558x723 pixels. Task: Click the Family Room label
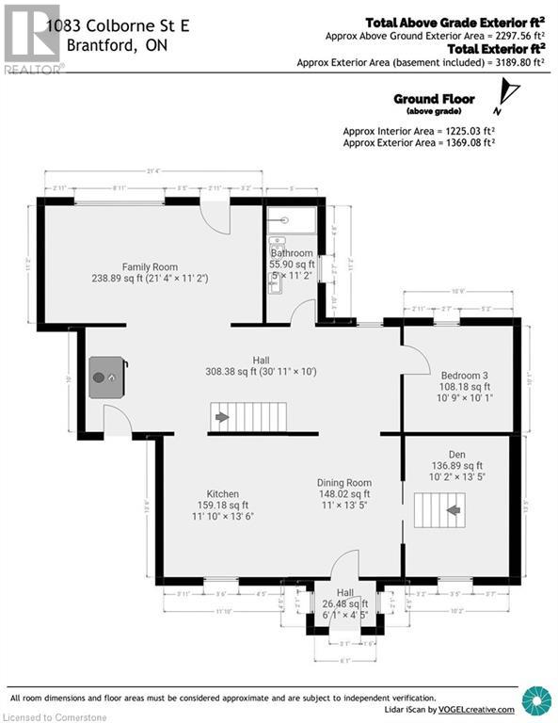coord(150,267)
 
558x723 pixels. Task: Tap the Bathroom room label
coord(292,253)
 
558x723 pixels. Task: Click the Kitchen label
coord(223,494)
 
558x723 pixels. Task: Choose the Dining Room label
coord(343,483)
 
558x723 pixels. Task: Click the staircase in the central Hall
coord(247,416)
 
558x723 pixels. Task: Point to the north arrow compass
coord(510,92)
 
